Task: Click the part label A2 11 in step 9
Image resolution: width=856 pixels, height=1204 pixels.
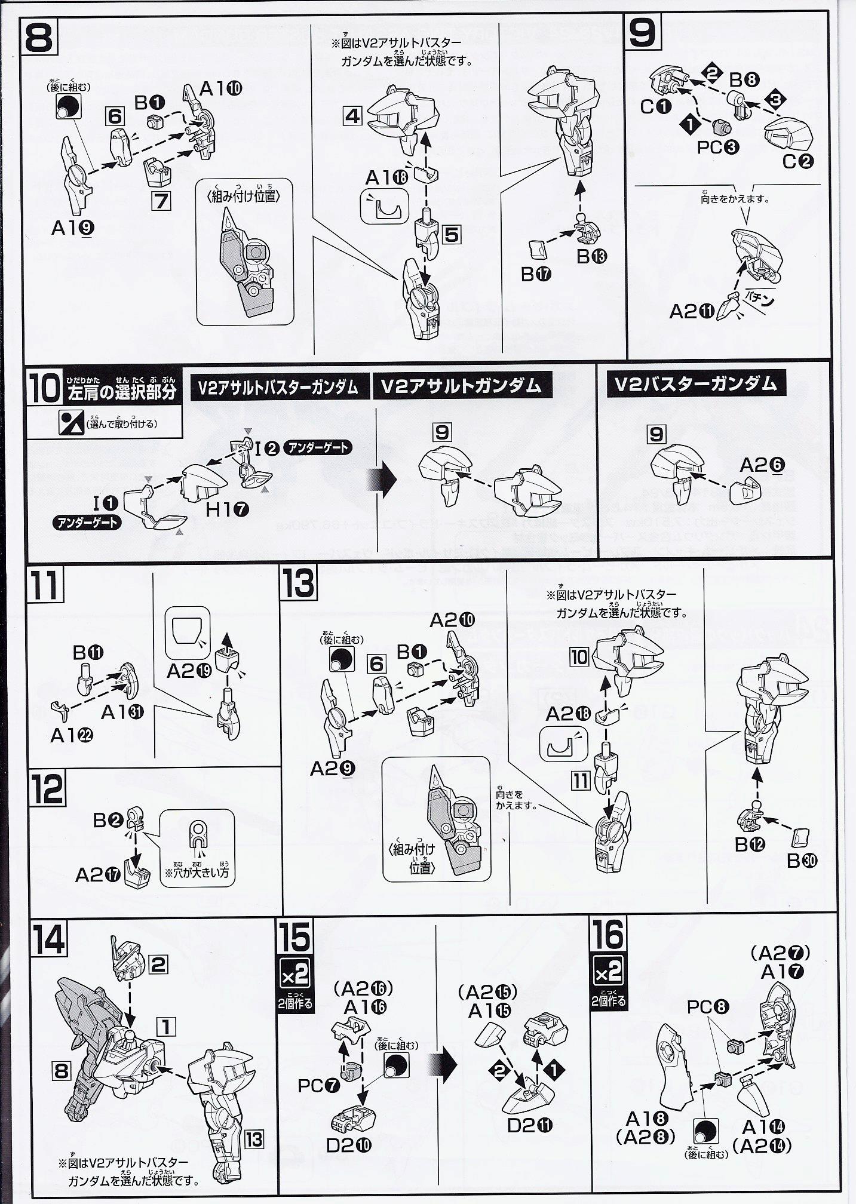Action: click(x=693, y=311)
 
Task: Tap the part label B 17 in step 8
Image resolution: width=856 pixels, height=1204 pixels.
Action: click(x=536, y=274)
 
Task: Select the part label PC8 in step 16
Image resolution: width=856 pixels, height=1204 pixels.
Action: click(x=708, y=1008)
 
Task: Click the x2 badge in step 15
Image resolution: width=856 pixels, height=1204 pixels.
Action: click(x=295, y=977)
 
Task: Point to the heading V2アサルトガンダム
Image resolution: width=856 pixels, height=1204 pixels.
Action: click(x=461, y=386)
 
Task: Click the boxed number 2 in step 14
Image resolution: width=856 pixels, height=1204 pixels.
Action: click(x=158, y=965)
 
